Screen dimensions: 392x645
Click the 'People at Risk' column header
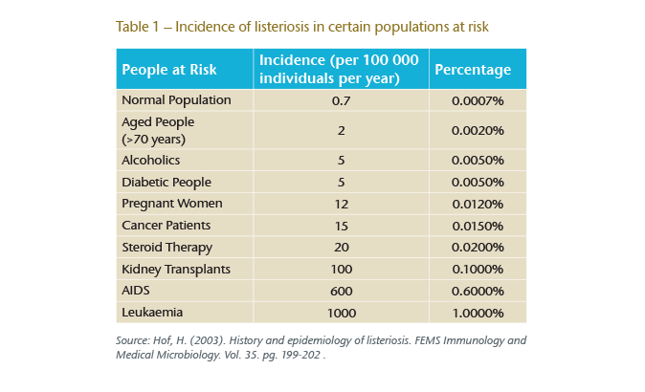pos(168,70)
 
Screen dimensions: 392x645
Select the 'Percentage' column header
pos(473,70)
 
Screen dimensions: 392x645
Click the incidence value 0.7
pos(341,99)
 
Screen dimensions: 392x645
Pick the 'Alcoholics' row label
pos(151,161)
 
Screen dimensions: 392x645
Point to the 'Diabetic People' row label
pos(167,182)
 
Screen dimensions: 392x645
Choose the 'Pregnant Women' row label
pos(172,204)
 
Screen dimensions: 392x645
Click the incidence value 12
pos(341,204)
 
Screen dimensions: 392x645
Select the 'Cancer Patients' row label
pos(167,225)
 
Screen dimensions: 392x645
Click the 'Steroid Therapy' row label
pos(167,247)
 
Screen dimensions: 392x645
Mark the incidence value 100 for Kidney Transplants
pos(341,269)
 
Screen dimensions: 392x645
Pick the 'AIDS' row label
pos(136,291)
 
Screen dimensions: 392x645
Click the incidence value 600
pos(341,291)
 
